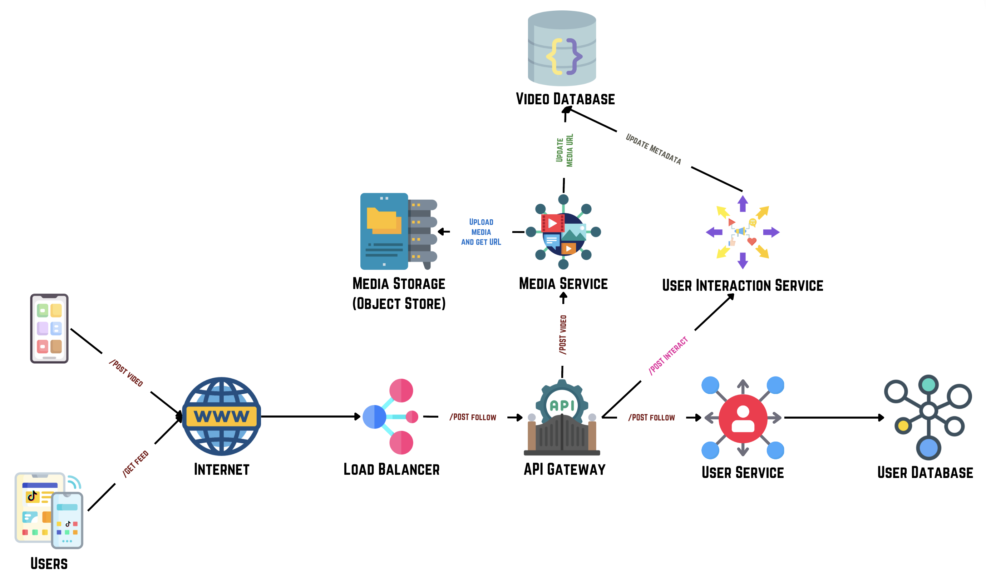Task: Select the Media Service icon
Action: (x=563, y=232)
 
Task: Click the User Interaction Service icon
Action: (x=742, y=232)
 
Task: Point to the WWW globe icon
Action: (x=221, y=416)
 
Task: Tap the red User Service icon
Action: (x=742, y=418)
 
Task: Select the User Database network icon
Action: (x=928, y=417)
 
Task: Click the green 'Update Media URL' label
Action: (x=564, y=150)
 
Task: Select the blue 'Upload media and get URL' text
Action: (x=481, y=232)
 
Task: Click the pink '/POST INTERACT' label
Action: (x=667, y=355)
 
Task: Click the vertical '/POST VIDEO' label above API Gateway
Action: (x=563, y=334)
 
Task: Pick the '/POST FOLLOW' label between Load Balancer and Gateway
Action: (x=473, y=417)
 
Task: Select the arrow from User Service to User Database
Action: (x=833, y=418)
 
